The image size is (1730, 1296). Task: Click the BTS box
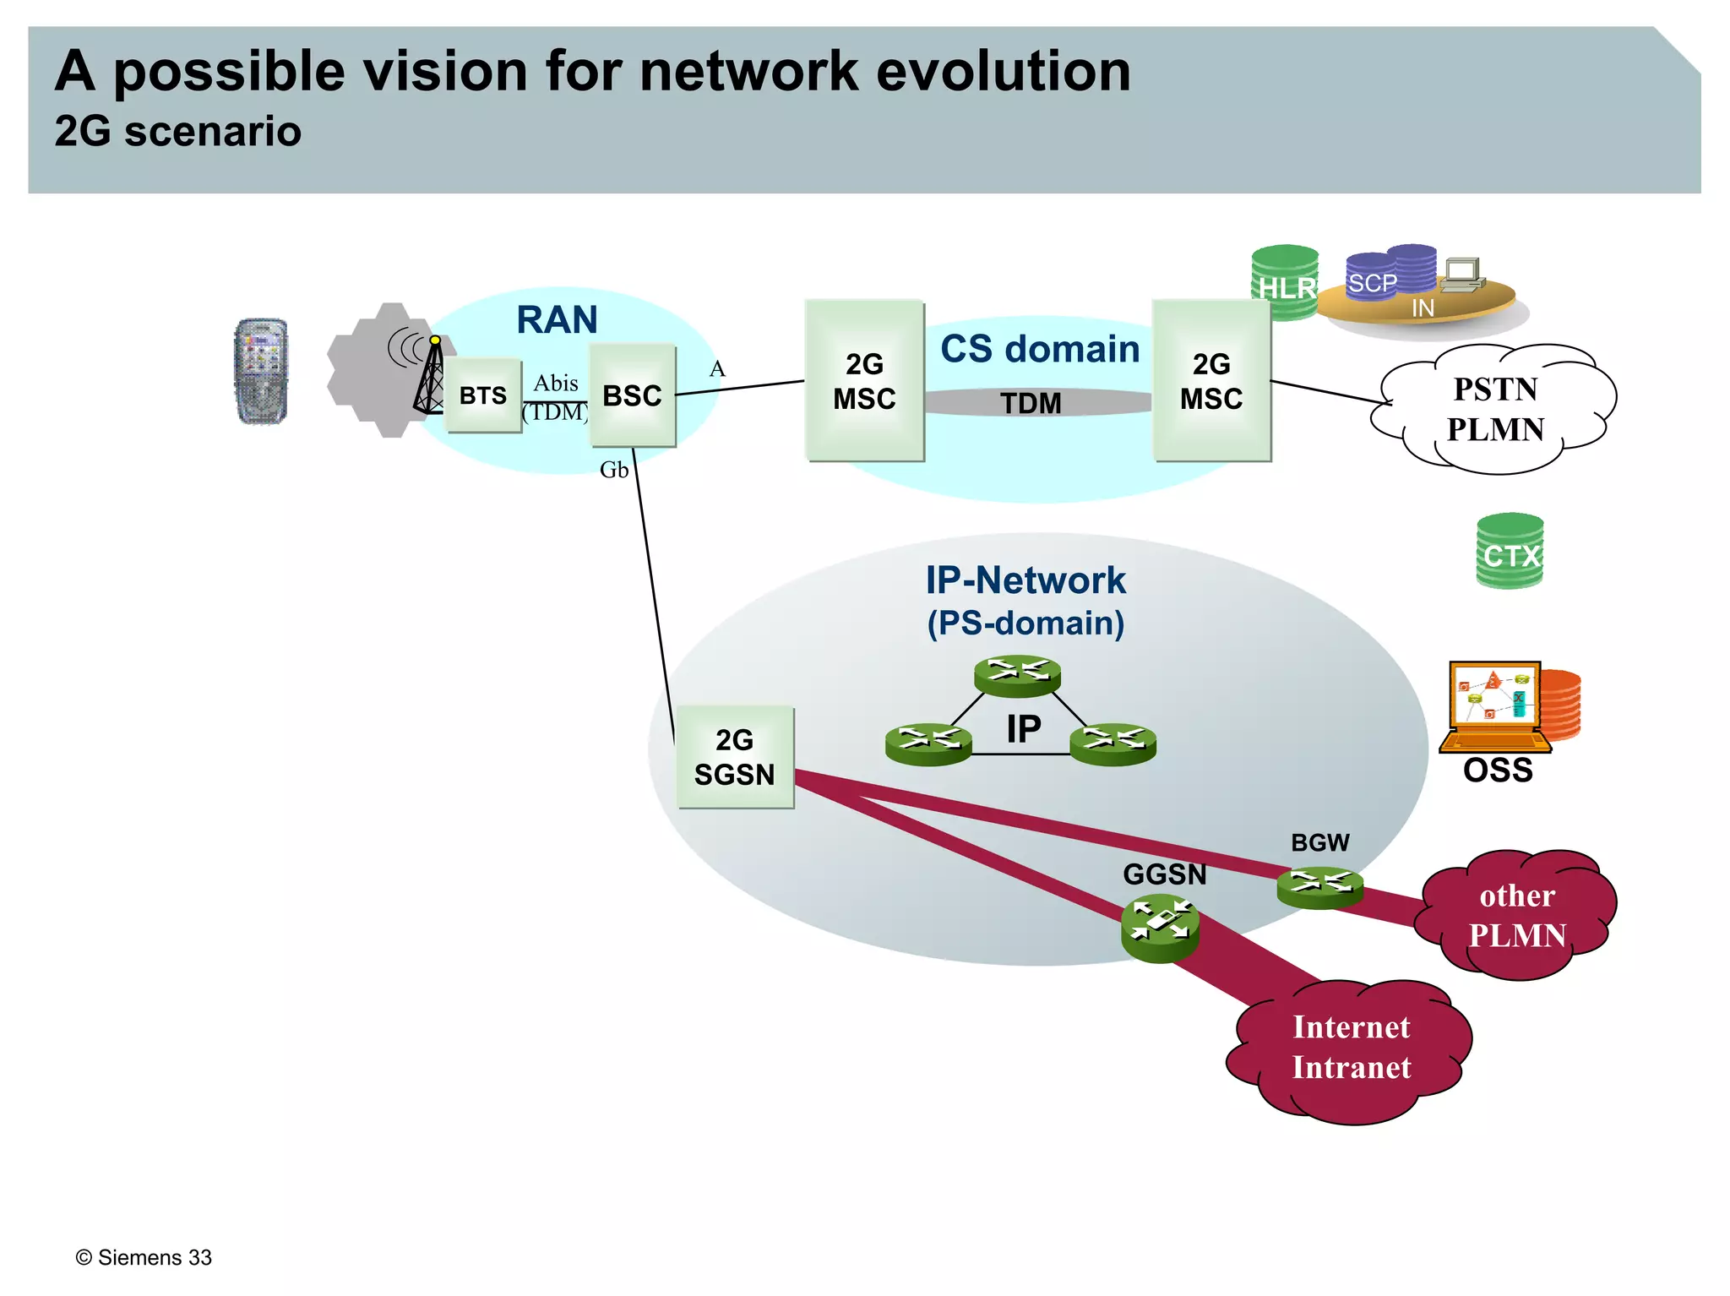pyautogui.click(x=482, y=395)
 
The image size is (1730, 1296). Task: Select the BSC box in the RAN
pyautogui.click(x=632, y=395)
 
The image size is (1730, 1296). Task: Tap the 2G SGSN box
pyautogui.click(x=734, y=757)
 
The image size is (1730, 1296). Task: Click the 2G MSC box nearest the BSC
pyautogui.click(x=864, y=381)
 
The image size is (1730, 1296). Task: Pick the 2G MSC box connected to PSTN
pyautogui.click(x=1211, y=381)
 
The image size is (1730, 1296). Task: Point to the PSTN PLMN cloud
pyautogui.click(x=1495, y=410)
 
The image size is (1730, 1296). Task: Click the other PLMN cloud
pyautogui.click(x=1517, y=915)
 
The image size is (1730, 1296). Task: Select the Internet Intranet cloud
pyautogui.click(x=1351, y=1048)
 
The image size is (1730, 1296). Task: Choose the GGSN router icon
pyautogui.click(x=1160, y=927)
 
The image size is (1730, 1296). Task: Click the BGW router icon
pyautogui.click(x=1319, y=886)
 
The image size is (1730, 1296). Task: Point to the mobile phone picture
pyautogui.click(x=261, y=371)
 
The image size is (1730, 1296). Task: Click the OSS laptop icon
pyautogui.click(x=1495, y=706)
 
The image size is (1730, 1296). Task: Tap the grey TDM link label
pyautogui.click(x=1031, y=403)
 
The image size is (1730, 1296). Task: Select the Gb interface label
pyautogui.click(x=614, y=470)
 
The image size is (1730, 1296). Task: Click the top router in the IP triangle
pyautogui.click(x=1017, y=676)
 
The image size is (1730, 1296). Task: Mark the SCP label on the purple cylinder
pyautogui.click(x=1372, y=283)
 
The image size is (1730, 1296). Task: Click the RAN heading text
pyautogui.click(x=557, y=320)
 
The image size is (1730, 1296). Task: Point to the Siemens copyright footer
pyautogui.click(x=144, y=1257)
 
